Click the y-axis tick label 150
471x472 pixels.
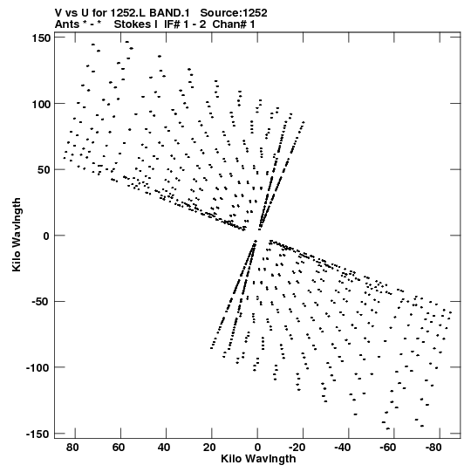(x=41, y=38)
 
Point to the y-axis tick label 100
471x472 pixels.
(x=41, y=104)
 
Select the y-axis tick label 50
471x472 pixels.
(x=44, y=170)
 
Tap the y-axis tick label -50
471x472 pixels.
(x=41, y=302)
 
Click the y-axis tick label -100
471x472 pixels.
(x=38, y=368)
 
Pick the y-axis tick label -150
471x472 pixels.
(x=38, y=434)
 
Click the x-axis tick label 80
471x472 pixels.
(x=72, y=448)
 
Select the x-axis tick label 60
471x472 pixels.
(x=119, y=448)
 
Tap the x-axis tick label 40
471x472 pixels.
(x=164, y=448)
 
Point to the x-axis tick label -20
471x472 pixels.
(x=297, y=448)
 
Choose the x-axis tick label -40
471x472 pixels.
(x=343, y=448)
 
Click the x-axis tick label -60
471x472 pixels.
(x=388, y=448)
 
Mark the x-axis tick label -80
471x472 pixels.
(x=433, y=448)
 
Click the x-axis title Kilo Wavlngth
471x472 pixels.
(x=258, y=459)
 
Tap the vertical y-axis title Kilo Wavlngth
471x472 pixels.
(x=17, y=235)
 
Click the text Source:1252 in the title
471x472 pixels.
(x=234, y=13)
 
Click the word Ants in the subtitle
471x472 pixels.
(x=67, y=24)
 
